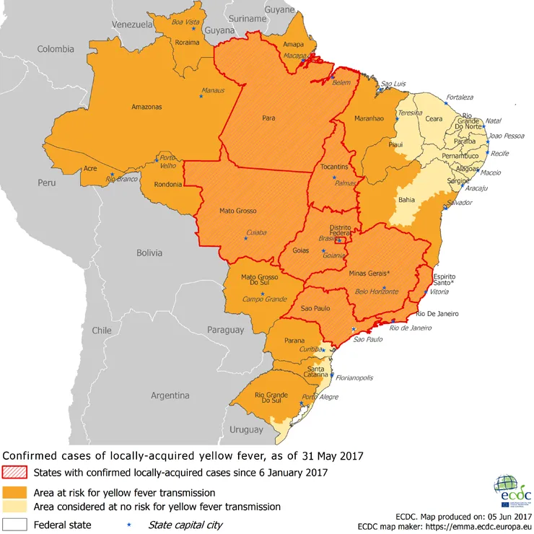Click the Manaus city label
click(213, 91)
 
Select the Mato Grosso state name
click(237, 211)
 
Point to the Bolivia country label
click(154, 253)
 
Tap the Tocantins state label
click(335, 167)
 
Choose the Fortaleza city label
click(460, 97)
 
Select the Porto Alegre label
click(320, 397)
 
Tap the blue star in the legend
click(128, 525)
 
